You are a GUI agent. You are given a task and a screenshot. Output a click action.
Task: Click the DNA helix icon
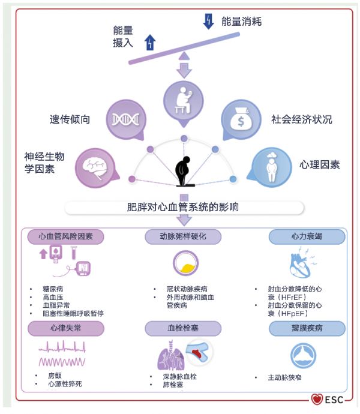pyautogui.click(x=125, y=119)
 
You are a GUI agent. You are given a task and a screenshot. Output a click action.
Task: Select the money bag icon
pyautogui.click(x=241, y=119)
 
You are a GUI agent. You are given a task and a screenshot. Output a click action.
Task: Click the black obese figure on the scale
pyautogui.click(x=184, y=171)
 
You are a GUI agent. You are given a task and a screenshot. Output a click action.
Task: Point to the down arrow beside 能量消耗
pyautogui.click(x=208, y=22)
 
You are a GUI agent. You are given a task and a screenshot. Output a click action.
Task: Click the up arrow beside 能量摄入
pyautogui.click(x=150, y=42)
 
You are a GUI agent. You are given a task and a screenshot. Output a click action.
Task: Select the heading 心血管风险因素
pyautogui.click(x=65, y=236)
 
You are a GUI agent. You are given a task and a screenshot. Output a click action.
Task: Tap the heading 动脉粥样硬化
pyautogui.click(x=183, y=236)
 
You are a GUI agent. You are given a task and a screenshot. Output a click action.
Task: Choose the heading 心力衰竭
pyautogui.click(x=307, y=236)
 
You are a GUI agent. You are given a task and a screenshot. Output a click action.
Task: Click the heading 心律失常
pyautogui.click(x=66, y=328)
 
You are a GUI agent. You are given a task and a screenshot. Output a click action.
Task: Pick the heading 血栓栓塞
pyautogui.click(x=183, y=328)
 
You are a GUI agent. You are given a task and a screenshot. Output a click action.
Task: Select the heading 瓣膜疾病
pyautogui.click(x=307, y=328)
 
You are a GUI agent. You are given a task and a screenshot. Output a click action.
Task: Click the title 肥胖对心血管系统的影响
pyautogui.click(x=183, y=207)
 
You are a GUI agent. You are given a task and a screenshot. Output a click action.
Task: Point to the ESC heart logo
pyautogui.click(x=317, y=399)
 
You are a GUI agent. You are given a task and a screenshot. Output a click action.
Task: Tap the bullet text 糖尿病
pyautogui.click(x=53, y=289)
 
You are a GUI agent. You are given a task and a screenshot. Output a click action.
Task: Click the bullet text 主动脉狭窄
pyautogui.click(x=284, y=377)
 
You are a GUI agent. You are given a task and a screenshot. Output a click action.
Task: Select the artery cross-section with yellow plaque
pyautogui.click(x=185, y=263)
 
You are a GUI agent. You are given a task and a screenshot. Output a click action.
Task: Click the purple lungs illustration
pyautogui.click(x=171, y=356)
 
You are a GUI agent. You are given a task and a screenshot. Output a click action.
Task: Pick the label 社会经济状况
pyautogui.click(x=302, y=119)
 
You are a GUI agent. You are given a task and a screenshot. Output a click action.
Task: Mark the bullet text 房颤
pyautogui.click(x=55, y=376)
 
